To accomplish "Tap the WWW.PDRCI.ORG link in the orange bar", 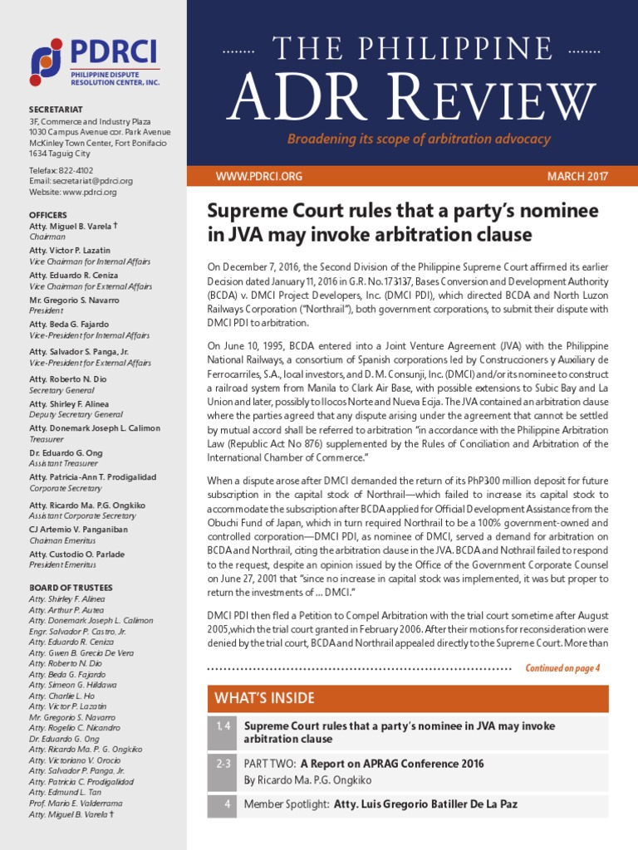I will (258, 176).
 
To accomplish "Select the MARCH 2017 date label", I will (577, 176).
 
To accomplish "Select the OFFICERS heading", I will (47, 215).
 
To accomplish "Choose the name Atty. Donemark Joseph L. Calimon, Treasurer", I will (95, 428).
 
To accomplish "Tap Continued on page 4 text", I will (562, 667).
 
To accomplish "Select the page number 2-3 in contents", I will (222, 764).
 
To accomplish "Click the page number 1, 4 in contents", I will (222, 726).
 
